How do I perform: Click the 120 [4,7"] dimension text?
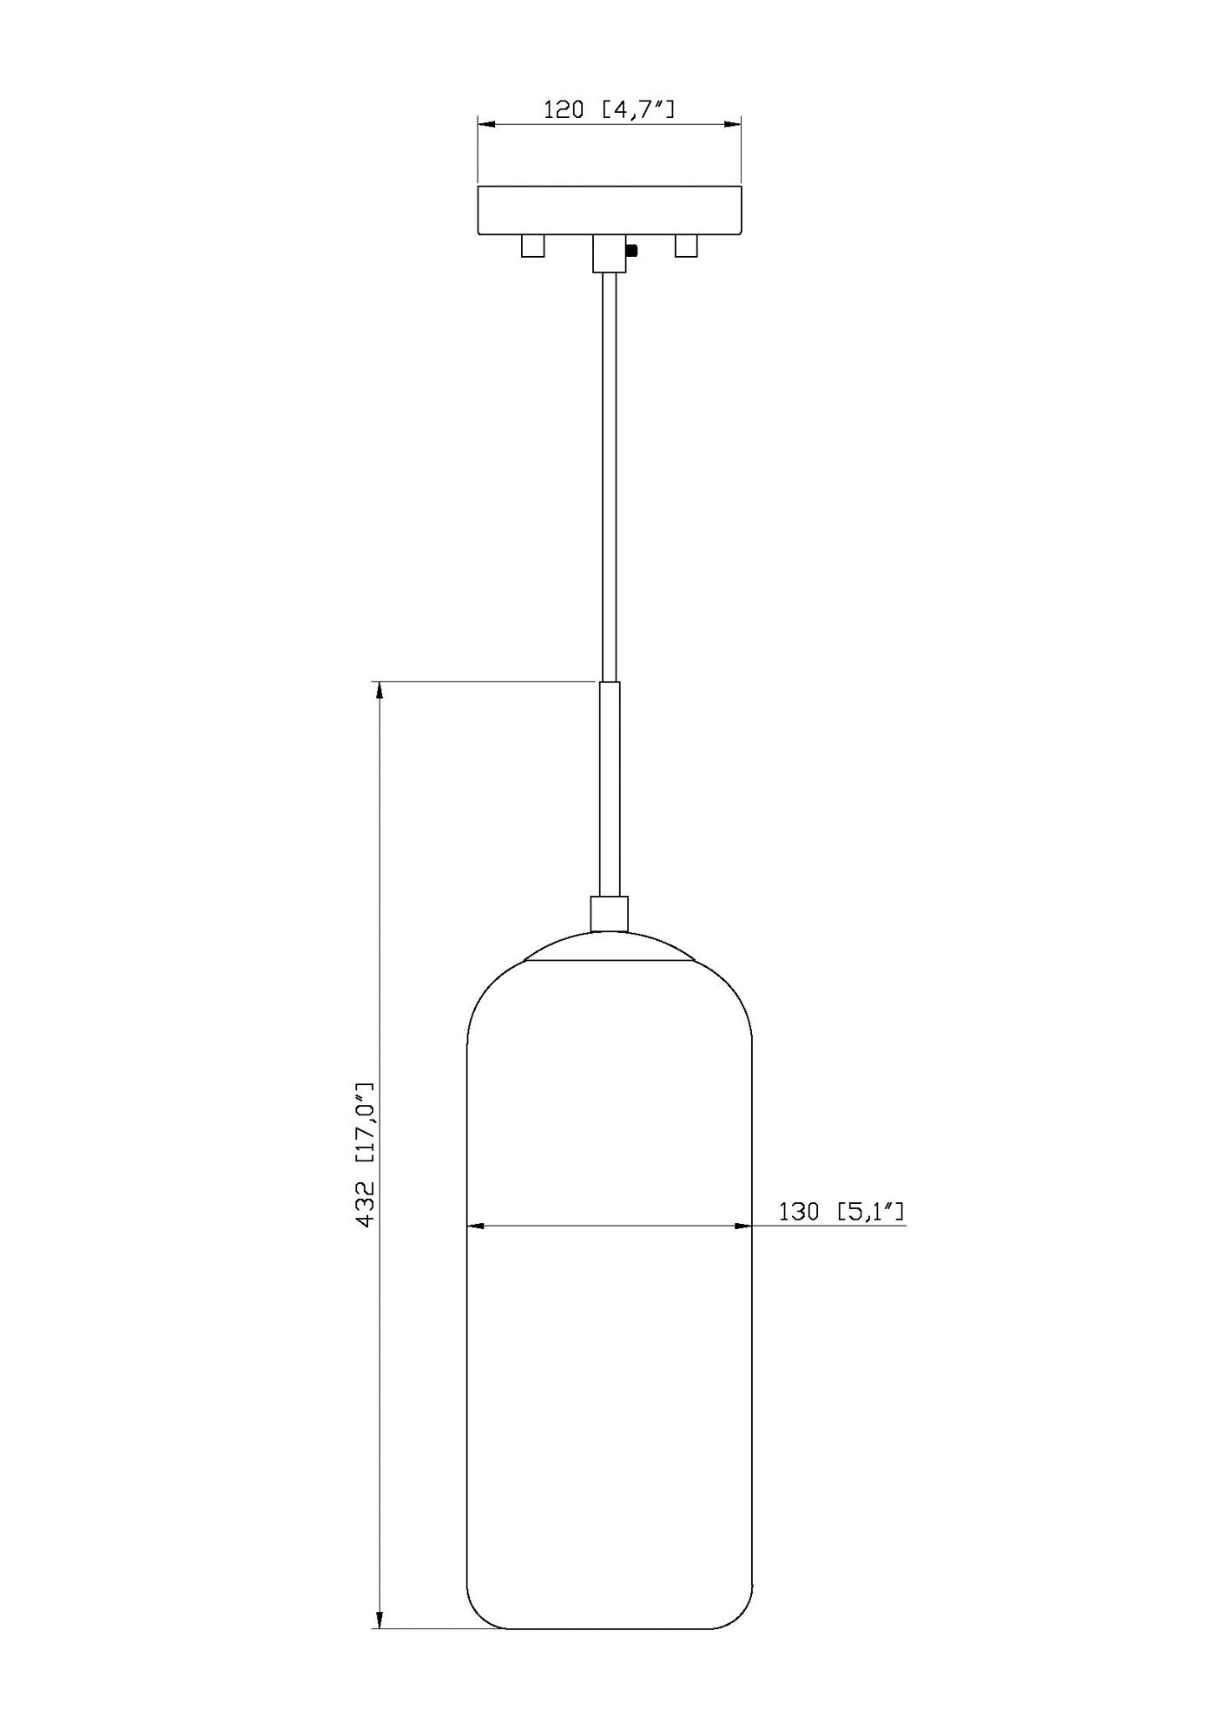pyautogui.click(x=609, y=109)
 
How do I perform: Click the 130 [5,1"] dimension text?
pyautogui.click(x=841, y=1212)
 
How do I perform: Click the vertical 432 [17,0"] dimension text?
pyautogui.click(x=366, y=1154)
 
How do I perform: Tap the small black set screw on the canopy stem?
pyautogui.click(x=632, y=251)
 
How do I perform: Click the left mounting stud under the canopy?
pyautogui.click(x=532, y=247)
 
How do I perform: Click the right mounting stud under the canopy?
pyautogui.click(x=686, y=247)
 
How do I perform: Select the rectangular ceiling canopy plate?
pyautogui.click(x=610, y=209)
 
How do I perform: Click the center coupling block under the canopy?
pyautogui.click(x=610, y=253)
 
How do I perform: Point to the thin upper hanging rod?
pyautogui.click(x=610, y=477)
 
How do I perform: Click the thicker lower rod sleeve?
pyautogui.click(x=610, y=790)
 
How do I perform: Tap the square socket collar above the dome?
pyautogui.click(x=610, y=914)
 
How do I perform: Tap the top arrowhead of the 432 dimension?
pyautogui.click(x=379, y=691)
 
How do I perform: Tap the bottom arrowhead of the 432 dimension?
pyautogui.click(x=379, y=1621)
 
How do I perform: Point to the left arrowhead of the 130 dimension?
pyautogui.click(x=475, y=1226)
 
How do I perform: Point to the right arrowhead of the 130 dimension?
pyautogui.click(x=743, y=1226)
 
